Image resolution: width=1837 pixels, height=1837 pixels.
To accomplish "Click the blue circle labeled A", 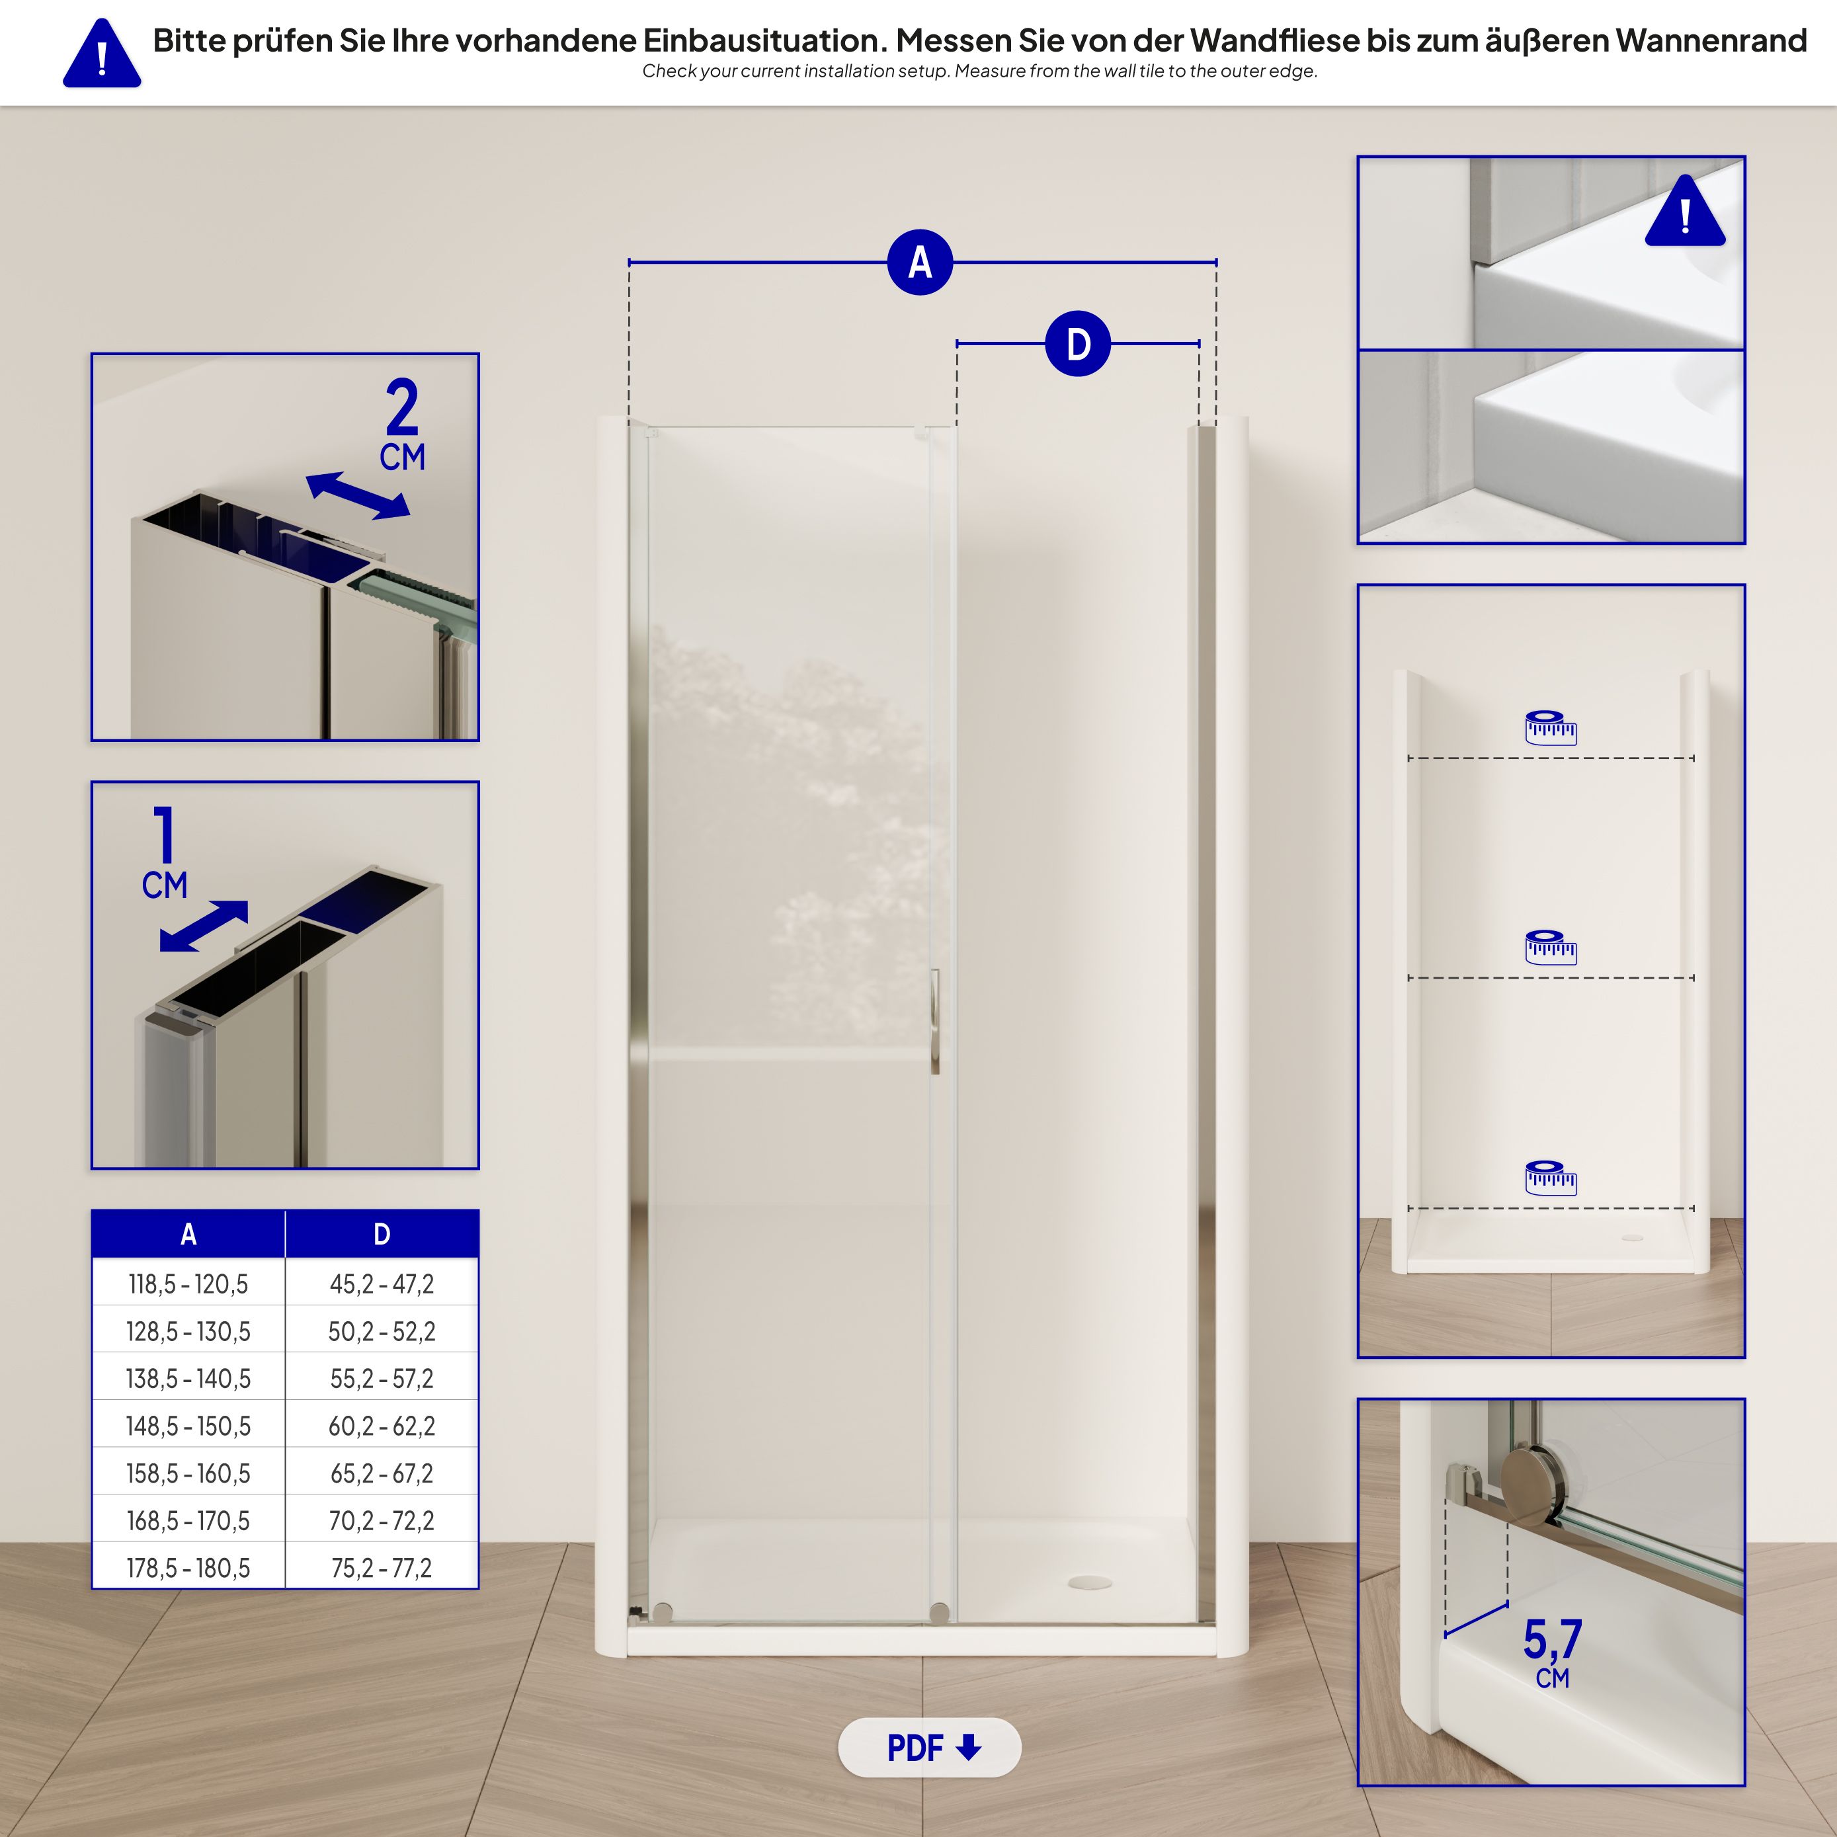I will tap(919, 263).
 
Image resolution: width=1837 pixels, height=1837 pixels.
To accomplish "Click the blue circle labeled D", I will tap(1077, 345).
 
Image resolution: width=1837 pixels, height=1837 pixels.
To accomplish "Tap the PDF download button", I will tap(929, 1748).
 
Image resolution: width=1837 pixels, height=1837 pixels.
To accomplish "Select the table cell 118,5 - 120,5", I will tap(188, 1285).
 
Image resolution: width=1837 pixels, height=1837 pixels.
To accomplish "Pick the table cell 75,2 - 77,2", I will tap(382, 1568).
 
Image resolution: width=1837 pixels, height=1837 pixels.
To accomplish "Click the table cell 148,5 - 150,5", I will tap(188, 1426).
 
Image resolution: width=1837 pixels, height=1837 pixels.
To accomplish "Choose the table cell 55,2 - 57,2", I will tap(382, 1379).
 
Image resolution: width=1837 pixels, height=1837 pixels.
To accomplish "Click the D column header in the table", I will tap(382, 1234).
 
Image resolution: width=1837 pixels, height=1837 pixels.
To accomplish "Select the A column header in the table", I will tap(188, 1234).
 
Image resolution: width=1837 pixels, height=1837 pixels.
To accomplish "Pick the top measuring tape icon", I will tap(1551, 727).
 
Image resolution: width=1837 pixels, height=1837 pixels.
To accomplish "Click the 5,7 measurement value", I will tap(1552, 1638).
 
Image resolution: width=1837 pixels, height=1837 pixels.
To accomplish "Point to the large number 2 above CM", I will tap(402, 407).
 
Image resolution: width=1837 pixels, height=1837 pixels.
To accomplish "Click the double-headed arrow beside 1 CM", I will tap(204, 926).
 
